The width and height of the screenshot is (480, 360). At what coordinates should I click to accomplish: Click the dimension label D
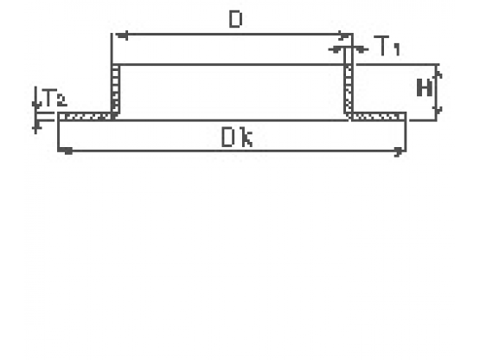pos(235,19)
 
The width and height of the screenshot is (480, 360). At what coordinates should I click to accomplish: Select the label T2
pos(55,98)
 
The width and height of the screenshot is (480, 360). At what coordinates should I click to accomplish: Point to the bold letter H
pos(425,87)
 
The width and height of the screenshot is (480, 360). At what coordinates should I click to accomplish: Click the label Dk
pos(237,138)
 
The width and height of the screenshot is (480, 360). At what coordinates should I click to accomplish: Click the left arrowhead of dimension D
pos(122,36)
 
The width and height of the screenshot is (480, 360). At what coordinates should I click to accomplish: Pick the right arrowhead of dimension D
pos(343,36)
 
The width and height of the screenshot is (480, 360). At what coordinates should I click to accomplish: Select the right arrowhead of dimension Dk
pos(399,151)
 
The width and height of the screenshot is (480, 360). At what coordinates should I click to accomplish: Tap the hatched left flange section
pos(86,117)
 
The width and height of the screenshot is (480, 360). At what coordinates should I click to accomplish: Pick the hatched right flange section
pos(378,117)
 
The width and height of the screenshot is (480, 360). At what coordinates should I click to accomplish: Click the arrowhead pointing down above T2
pos(36,104)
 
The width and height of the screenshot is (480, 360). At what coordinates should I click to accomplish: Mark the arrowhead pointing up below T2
pos(36,126)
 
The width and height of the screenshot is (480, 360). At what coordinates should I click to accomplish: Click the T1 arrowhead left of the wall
pos(337,49)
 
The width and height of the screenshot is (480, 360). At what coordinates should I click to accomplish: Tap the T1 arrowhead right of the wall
pos(359,49)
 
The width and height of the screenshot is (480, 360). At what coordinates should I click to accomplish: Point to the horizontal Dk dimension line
pos(232,151)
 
